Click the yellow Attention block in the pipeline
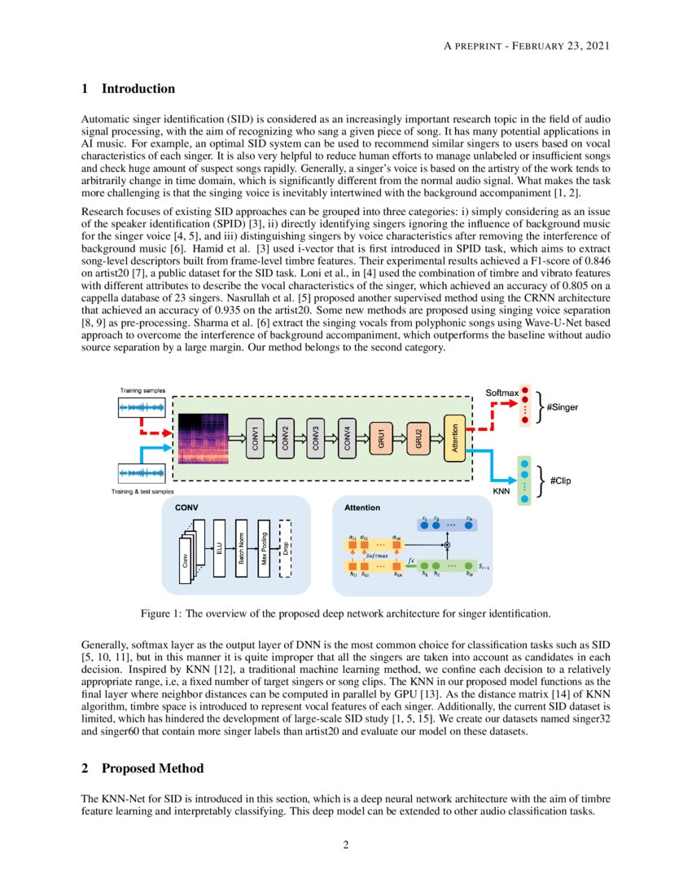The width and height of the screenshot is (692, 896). click(455, 437)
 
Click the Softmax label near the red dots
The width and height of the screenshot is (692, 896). click(502, 393)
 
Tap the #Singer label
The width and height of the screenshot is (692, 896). click(563, 406)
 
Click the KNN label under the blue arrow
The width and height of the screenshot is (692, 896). click(502, 492)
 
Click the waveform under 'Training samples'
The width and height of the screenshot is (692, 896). click(142, 406)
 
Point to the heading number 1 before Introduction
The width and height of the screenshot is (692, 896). click(85, 89)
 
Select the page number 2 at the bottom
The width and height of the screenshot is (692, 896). click(346, 844)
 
